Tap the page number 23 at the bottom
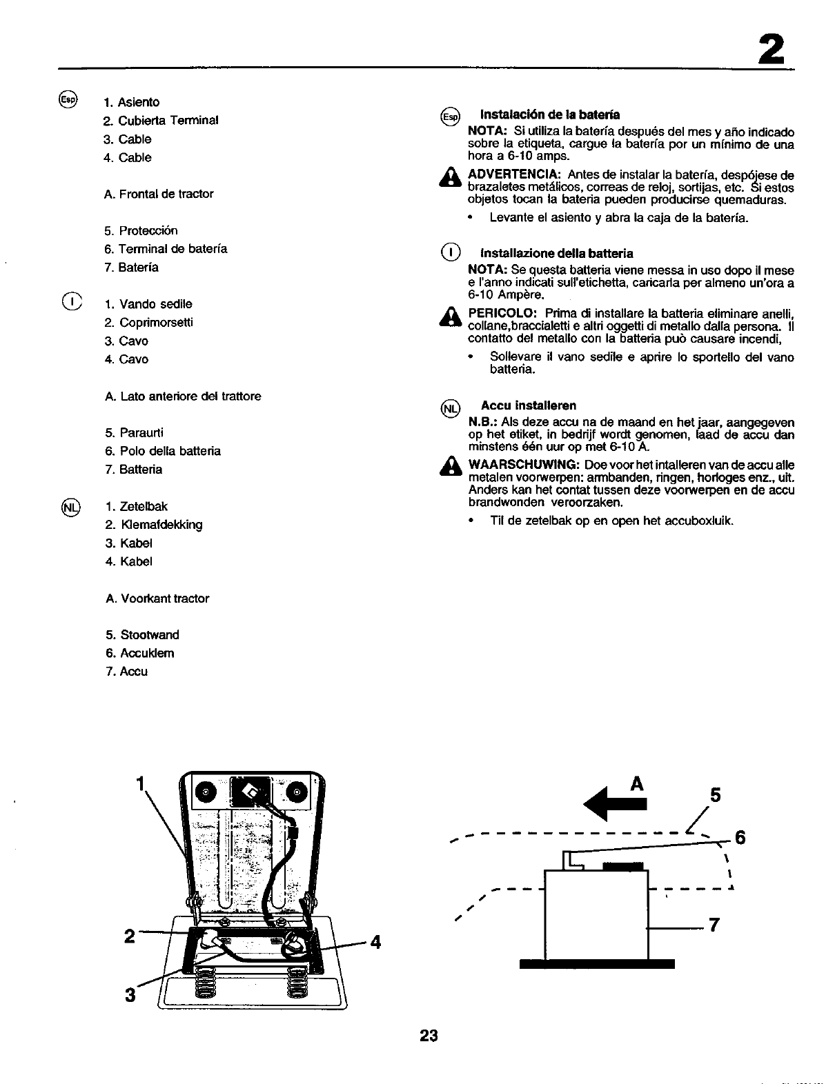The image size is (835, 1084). (428, 1035)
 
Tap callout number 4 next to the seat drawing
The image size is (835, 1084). (375, 941)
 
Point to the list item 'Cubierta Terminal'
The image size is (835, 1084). (168, 120)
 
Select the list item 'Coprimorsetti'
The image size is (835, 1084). (156, 323)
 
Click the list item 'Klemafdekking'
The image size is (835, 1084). (161, 525)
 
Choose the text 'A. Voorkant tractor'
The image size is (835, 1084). (157, 599)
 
